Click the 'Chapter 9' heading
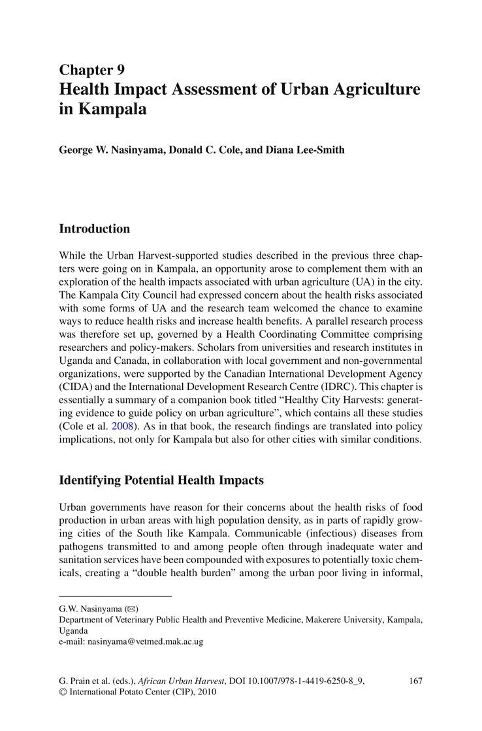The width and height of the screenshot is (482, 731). pos(91,70)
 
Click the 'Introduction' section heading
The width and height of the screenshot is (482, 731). pos(94,229)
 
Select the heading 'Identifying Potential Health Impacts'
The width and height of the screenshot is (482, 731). pos(161,480)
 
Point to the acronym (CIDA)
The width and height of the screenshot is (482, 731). pos(76,386)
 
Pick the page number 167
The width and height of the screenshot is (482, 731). pos(415,681)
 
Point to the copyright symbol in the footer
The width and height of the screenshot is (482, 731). pos(63,692)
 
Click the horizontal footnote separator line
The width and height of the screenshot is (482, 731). pos(115,596)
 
